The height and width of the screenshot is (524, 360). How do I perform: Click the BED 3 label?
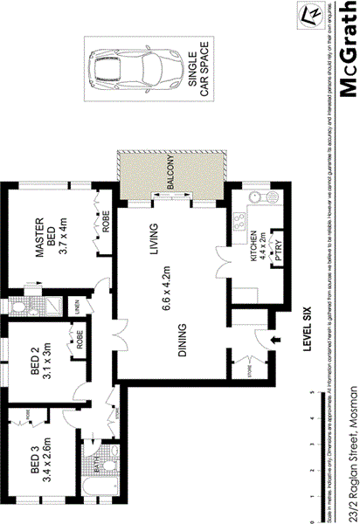pyautogui.click(x=35, y=458)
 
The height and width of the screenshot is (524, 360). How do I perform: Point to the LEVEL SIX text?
pyautogui.click(x=307, y=330)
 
